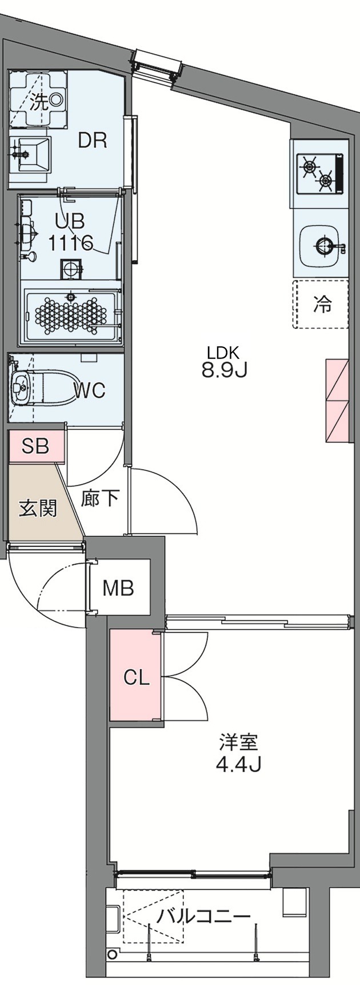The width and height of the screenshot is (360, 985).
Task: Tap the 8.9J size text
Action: click(x=223, y=371)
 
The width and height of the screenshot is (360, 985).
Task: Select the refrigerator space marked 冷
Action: click(x=321, y=304)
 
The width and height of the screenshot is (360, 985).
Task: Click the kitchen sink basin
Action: click(x=321, y=246)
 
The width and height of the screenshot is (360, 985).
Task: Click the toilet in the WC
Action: click(x=40, y=388)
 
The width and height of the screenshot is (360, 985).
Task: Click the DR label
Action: click(x=93, y=141)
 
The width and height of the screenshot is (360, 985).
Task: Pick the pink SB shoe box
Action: click(x=35, y=445)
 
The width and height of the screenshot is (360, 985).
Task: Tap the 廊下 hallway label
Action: click(x=100, y=499)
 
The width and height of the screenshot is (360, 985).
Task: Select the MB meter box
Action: click(x=118, y=588)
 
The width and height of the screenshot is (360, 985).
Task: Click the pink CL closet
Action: click(x=137, y=677)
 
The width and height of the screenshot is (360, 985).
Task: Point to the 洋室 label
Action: click(x=238, y=743)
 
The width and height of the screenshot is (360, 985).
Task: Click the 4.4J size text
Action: click(x=238, y=764)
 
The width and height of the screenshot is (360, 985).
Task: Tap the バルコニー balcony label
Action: click(x=204, y=916)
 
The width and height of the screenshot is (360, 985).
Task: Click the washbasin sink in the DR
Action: click(x=31, y=153)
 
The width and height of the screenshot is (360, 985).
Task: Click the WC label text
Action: click(x=90, y=390)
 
